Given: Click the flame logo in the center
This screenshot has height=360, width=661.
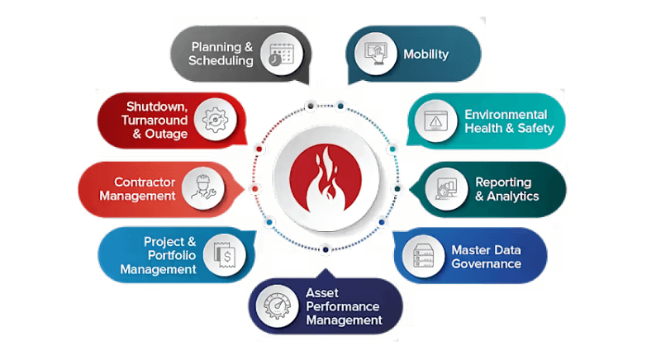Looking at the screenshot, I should point(328,180).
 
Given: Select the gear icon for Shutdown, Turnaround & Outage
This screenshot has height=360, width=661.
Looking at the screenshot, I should point(214,120).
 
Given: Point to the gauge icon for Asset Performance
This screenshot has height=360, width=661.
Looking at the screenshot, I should point(278,307).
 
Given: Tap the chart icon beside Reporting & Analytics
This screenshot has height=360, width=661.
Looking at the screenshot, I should point(446,188).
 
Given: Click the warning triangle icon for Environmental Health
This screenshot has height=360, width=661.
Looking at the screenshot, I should point(435,121).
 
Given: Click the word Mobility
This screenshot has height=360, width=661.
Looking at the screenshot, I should point(426,54).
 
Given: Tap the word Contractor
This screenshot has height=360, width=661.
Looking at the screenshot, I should point(143,182).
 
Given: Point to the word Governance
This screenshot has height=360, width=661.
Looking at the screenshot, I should point(486,264).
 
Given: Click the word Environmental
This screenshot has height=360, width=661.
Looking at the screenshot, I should point(506,114).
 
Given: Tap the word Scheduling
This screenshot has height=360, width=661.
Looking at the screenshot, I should point(221,61).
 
